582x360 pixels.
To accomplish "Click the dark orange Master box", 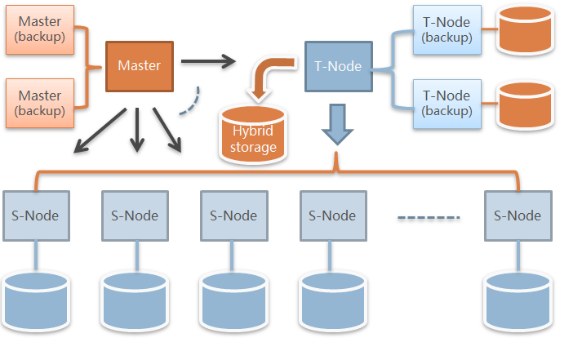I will coord(140,65).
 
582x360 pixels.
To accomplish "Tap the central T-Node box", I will coord(337,65).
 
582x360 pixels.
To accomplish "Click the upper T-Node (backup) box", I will coord(446,29).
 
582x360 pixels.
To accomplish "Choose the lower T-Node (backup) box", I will coord(446,104).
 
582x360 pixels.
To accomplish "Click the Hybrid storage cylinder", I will coord(253,133).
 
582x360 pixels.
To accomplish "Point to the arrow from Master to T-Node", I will coord(207,60).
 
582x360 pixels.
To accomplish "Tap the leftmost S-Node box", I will coord(36,216).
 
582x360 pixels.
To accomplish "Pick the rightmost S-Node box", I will coord(518,216).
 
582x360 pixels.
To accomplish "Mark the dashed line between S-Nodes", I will coord(429,217).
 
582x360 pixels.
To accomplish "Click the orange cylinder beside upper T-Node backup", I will coord(525,31).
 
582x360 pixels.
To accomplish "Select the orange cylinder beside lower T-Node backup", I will coord(525,104).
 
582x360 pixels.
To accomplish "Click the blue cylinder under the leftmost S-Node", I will coord(36,300).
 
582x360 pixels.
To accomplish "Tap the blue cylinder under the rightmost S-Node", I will coord(517,300).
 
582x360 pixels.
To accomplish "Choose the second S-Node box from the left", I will coord(135,216).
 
